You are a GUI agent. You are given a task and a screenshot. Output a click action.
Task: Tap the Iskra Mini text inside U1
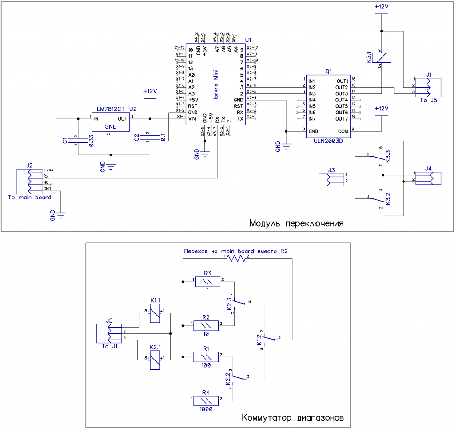pos(215,84)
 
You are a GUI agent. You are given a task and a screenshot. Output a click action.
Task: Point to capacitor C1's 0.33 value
pos(91,141)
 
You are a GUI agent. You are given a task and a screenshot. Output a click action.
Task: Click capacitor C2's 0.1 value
pos(163,138)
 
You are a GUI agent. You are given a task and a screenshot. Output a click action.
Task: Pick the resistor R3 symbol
pos(207,281)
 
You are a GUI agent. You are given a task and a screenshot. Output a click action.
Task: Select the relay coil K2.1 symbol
pos(154,360)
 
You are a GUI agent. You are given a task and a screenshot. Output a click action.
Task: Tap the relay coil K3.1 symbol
pos(383,57)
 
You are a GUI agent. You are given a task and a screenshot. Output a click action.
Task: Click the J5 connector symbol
pos(109,333)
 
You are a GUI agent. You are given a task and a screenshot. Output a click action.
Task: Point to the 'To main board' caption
pos(29,197)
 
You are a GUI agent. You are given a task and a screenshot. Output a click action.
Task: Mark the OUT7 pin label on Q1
pos(342,119)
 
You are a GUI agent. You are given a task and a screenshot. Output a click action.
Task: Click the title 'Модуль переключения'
pos(296,223)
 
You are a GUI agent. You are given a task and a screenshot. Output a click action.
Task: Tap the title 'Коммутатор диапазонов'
pos(293,418)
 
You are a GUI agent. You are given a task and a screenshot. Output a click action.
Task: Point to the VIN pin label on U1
pos(192,119)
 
